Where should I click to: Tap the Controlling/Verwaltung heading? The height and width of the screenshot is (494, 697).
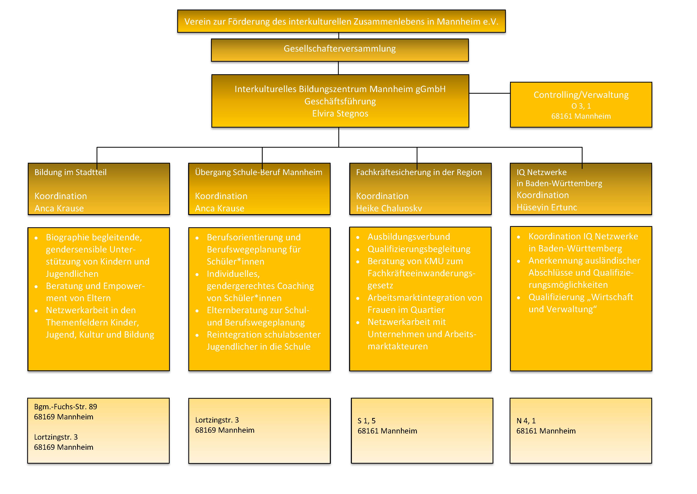tap(581, 95)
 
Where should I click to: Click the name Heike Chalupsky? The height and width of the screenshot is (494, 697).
tap(389, 208)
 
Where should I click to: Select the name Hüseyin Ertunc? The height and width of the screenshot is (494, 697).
tap(547, 207)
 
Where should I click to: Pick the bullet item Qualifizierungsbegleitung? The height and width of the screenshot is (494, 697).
tap(419, 249)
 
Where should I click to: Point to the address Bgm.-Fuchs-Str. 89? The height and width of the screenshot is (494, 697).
tap(65, 407)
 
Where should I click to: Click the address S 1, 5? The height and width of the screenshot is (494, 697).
tap(366, 421)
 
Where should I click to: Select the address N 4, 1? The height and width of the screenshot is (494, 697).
tap(526, 421)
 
